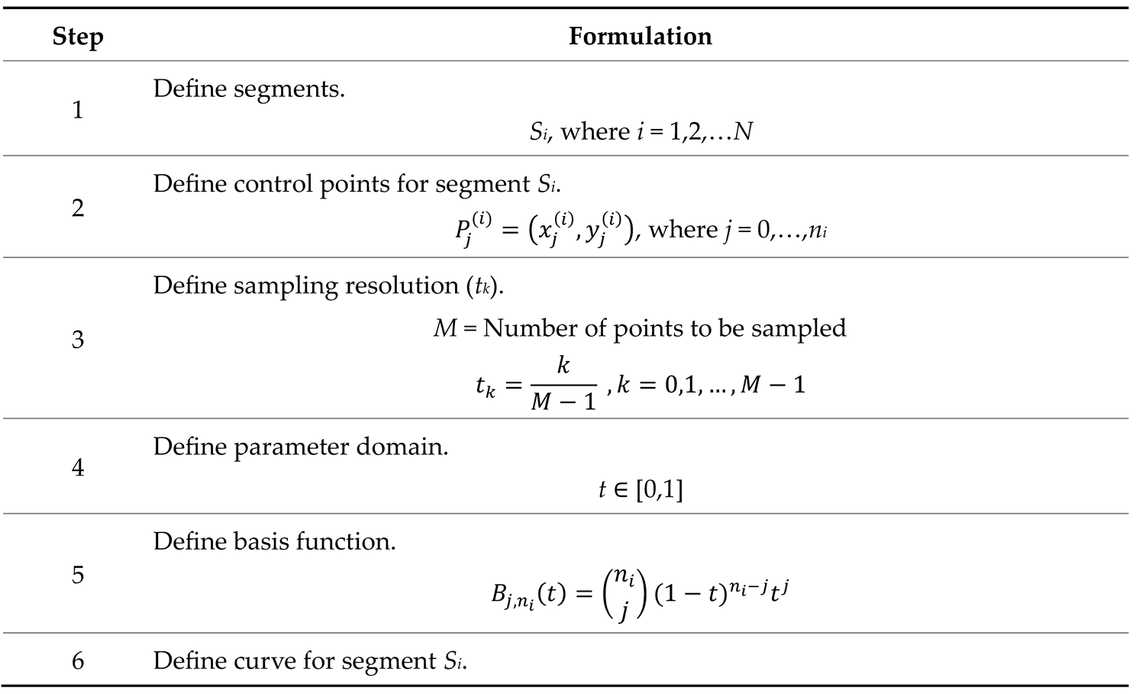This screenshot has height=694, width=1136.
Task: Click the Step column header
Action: tap(78, 37)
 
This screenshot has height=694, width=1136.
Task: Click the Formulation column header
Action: tap(640, 37)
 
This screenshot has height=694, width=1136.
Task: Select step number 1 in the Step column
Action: tap(78, 110)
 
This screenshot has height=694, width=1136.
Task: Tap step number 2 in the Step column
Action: tap(78, 208)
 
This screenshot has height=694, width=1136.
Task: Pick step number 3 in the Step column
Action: tap(78, 339)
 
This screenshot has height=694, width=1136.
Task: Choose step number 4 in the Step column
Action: tap(78, 467)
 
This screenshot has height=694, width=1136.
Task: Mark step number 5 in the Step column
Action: tap(78, 574)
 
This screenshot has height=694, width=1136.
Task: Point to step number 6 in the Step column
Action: tap(78, 660)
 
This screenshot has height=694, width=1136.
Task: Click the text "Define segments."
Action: tap(249, 89)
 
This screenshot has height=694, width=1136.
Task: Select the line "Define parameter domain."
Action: tap(301, 447)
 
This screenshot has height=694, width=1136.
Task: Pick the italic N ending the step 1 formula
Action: tap(743, 132)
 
